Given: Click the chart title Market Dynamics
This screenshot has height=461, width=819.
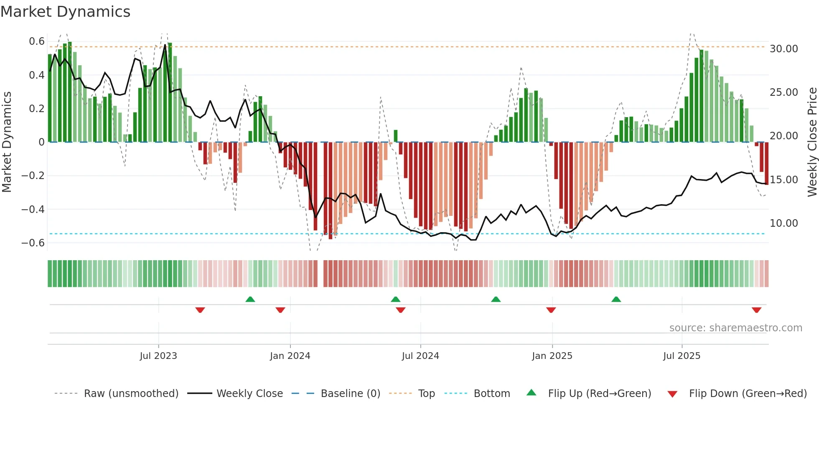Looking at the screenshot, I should pyautogui.click(x=65, y=12).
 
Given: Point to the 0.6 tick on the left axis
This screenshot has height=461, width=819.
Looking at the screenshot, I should pyautogui.click(x=37, y=41).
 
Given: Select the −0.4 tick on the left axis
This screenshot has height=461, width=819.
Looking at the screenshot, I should pyautogui.click(x=33, y=209).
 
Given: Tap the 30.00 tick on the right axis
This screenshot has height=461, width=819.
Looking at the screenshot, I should pyautogui.click(x=783, y=49).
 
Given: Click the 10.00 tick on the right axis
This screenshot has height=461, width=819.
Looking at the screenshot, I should pyautogui.click(x=783, y=223).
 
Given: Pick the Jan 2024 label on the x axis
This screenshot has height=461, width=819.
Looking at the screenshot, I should pyautogui.click(x=290, y=356).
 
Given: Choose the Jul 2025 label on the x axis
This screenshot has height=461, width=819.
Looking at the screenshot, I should pyautogui.click(x=682, y=356).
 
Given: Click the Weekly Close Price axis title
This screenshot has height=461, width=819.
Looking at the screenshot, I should pyautogui.click(x=812, y=142).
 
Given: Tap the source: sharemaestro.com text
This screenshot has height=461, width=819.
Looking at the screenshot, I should pyautogui.click(x=735, y=328).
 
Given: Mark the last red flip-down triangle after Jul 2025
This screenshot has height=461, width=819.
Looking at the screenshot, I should pyautogui.click(x=756, y=310).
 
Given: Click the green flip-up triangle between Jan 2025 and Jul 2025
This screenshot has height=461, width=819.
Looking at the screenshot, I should pyautogui.click(x=616, y=299).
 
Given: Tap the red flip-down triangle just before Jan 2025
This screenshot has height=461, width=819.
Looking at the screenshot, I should pyautogui.click(x=551, y=310).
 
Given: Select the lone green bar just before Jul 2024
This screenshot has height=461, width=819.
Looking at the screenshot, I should pyautogui.click(x=396, y=136).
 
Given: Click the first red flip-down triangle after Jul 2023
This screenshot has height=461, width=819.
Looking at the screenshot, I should pyautogui.click(x=200, y=310).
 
